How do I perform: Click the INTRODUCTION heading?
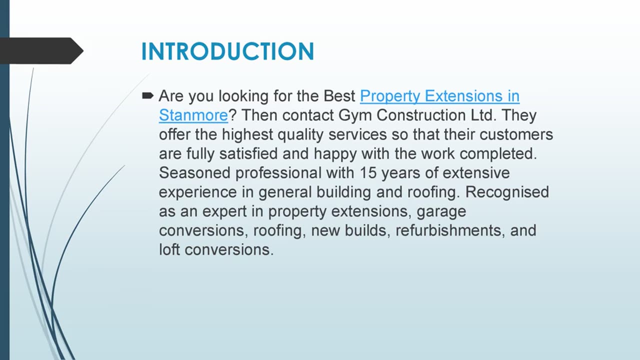point(227,51)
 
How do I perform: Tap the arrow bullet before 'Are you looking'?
point(148,95)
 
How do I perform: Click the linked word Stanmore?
point(193,115)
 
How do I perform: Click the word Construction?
point(421,115)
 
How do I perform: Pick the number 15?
point(368,173)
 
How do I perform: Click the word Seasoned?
point(195,173)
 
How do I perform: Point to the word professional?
point(278,173)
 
